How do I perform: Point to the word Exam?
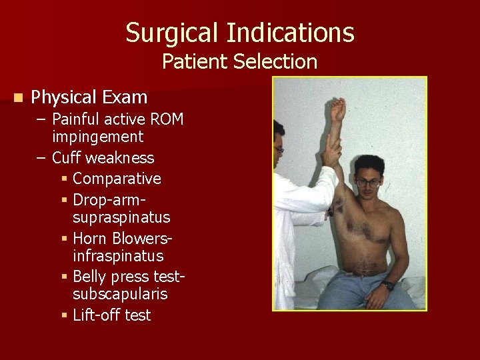pos(125,97)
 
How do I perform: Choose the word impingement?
pos(97,137)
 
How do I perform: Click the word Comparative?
pos(117,179)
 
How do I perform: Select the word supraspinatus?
pos(121,217)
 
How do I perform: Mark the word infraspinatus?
pos(118,256)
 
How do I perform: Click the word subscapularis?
pos(120,294)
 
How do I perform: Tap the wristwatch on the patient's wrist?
pos(388,286)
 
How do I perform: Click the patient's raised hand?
pos(339,108)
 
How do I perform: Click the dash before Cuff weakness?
pos(41,158)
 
